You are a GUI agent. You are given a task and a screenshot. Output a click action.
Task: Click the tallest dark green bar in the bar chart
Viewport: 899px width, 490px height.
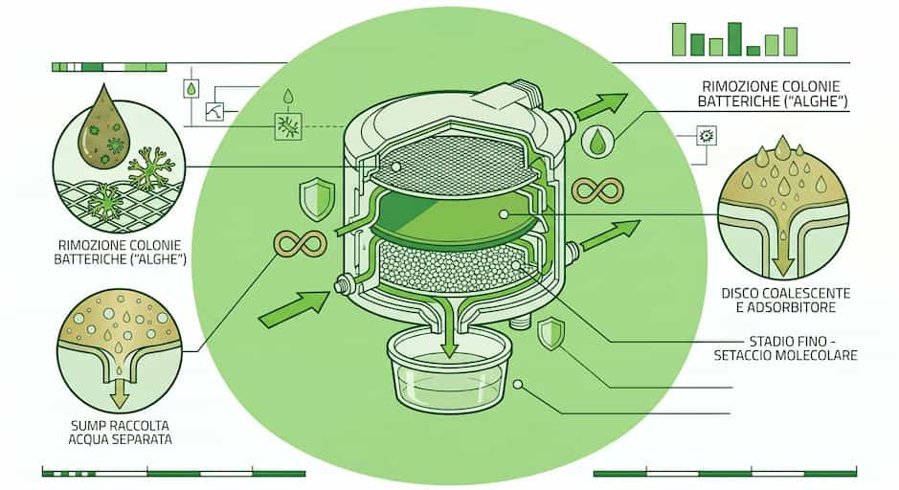(x=734, y=39)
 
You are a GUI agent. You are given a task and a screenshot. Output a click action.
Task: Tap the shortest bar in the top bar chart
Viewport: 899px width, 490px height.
(x=753, y=51)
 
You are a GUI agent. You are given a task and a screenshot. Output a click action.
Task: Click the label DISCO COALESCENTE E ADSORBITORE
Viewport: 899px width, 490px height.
(x=785, y=301)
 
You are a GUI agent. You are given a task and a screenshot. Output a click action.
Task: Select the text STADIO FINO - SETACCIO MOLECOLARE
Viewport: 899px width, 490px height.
(x=785, y=348)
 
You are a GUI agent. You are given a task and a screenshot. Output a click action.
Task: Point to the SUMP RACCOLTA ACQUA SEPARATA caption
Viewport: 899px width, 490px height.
(x=120, y=433)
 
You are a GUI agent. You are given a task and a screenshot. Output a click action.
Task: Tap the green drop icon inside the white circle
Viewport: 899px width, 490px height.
(x=597, y=141)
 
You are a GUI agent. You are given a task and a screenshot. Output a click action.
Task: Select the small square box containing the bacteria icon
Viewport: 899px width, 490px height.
(x=288, y=126)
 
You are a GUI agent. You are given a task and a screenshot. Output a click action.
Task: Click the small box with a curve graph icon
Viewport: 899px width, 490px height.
(x=214, y=111)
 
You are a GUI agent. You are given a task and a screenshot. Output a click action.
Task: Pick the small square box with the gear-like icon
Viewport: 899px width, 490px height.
(x=707, y=136)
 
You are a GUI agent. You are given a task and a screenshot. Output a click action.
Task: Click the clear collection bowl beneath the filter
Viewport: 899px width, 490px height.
(x=448, y=369)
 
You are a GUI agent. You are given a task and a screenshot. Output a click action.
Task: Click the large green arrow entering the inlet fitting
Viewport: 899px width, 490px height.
(x=295, y=308)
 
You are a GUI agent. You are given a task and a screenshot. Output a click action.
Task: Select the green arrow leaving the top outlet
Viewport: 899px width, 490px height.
(x=602, y=106)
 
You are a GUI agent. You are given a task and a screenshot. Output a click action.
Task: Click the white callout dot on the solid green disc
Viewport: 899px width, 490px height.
(x=504, y=214)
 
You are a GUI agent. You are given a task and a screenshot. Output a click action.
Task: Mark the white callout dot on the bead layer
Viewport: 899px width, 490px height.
(x=516, y=265)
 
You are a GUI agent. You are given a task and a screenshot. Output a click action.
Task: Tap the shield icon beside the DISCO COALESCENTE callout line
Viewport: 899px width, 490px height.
(x=551, y=335)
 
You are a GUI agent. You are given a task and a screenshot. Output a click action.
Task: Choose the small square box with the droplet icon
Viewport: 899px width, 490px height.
(x=191, y=88)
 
